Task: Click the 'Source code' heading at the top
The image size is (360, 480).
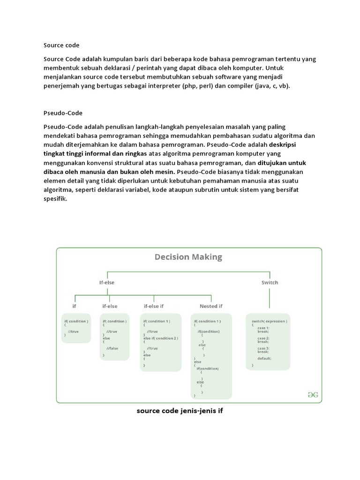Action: pos(61,45)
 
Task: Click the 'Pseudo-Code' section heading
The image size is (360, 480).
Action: pos(63,113)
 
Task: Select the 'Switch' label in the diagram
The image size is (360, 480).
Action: pos(270,282)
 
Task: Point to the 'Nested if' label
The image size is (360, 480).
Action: pos(211,306)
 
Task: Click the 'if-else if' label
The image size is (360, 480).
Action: pos(154,306)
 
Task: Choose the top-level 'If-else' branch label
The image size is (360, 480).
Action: pos(107,282)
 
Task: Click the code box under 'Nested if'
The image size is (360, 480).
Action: pos(211,356)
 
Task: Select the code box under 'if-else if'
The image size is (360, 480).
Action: pos(160,343)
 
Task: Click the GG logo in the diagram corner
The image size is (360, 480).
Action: pos(313,395)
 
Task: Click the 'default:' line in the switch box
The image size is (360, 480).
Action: pos(264,358)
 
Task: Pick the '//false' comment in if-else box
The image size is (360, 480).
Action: pos(112,349)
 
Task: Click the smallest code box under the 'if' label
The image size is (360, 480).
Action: pos(76,328)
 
